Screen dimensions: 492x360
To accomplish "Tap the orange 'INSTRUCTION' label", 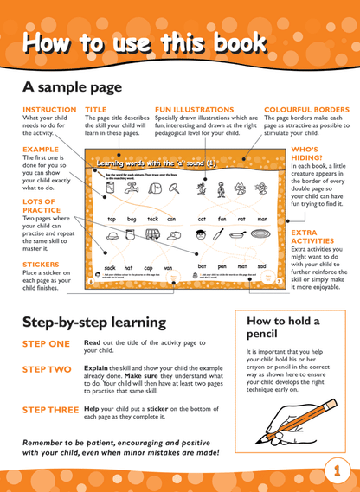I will (x=49, y=110).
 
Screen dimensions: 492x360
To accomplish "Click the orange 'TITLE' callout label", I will (x=95, y=110).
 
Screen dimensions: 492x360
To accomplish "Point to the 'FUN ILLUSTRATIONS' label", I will (x=194, y=110).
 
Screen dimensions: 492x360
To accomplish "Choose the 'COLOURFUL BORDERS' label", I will (x=306, y=110).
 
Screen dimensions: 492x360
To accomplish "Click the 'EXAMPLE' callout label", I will (x=41, y=149).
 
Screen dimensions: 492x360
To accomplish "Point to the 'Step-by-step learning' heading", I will (x=93, y=323).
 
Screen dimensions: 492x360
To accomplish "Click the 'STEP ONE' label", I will (x=46, y=344).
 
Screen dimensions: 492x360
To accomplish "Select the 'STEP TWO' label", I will (x=47, y=369).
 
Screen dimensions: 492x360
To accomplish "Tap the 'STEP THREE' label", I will (x=50, y=408).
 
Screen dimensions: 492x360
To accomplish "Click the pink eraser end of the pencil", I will (x=333, y=404).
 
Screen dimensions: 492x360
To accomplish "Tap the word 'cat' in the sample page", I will (x=202, y=220).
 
